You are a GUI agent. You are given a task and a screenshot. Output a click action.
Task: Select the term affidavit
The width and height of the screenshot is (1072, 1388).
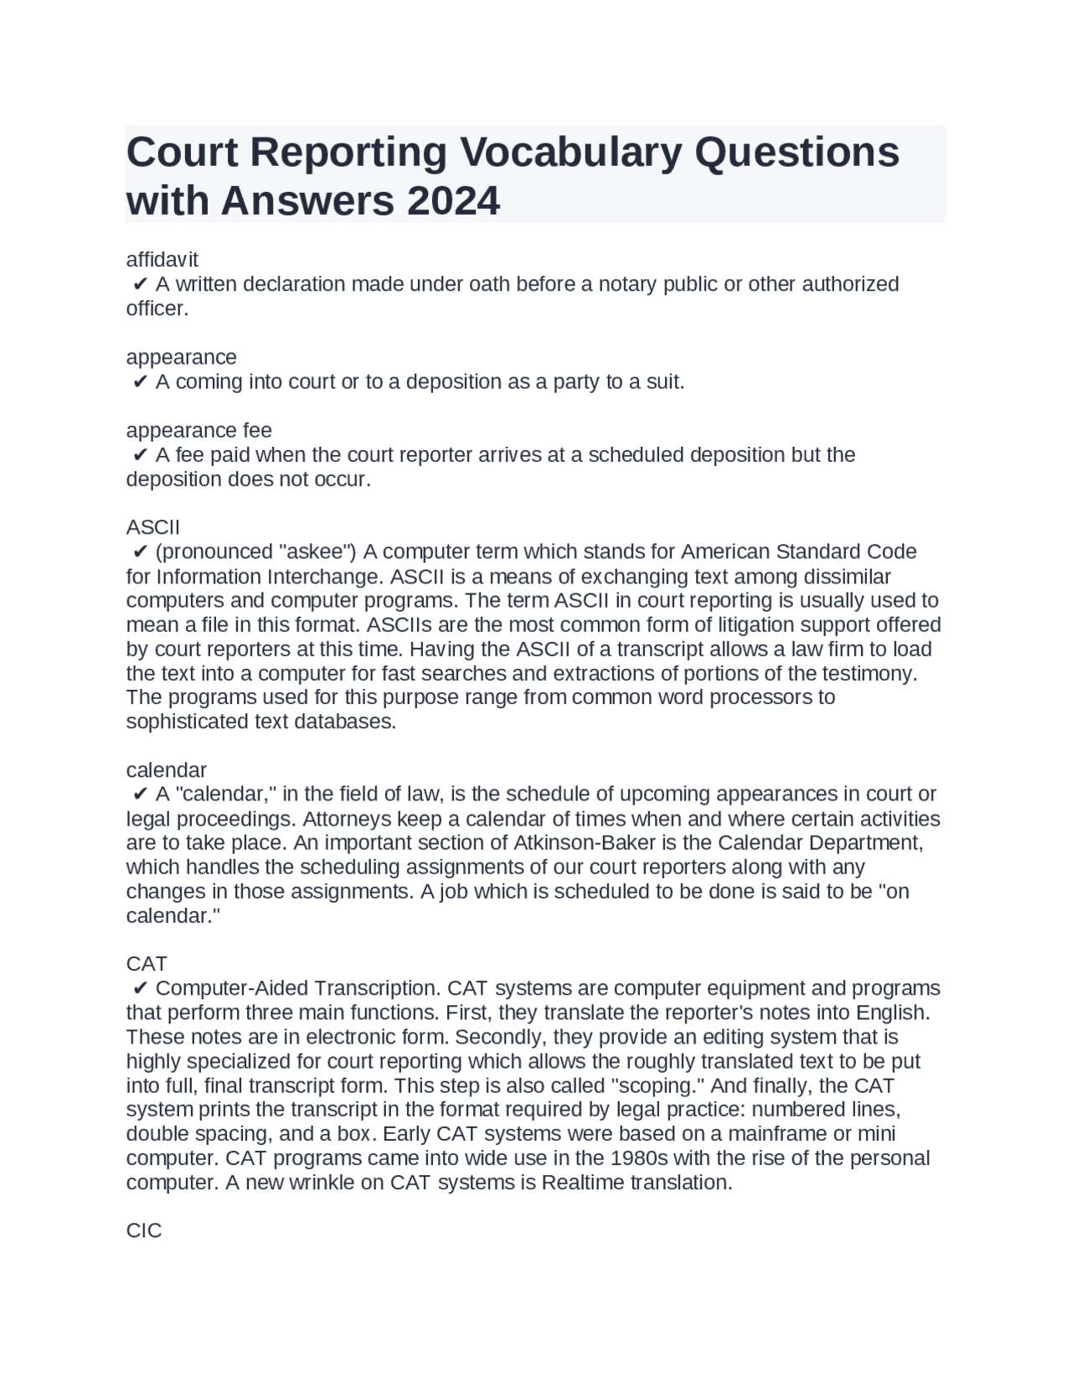[x=162, y=260]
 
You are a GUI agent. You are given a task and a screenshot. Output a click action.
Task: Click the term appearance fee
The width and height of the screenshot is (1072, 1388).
[x=198, y=431]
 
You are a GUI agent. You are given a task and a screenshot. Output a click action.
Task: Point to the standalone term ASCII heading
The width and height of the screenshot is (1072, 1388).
[x=152, y=527]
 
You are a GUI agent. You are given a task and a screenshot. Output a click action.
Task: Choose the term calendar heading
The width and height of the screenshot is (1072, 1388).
[x=166, y=769]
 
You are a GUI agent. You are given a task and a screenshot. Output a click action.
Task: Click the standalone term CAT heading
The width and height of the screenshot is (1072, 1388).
[x=147, y=964]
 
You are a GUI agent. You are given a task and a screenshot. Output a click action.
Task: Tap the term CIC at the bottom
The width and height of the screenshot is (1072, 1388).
[x=144, y=1230]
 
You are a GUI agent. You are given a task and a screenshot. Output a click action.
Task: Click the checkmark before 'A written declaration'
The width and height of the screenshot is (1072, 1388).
[x=140, y=285]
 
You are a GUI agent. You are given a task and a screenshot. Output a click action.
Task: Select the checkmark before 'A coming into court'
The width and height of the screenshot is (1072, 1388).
[x=140, y=382]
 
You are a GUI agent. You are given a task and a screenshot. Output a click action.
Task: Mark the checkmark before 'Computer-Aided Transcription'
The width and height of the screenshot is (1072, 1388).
[x=140, y=989]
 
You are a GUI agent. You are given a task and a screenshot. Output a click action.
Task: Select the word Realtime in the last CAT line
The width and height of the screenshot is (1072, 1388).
[x=583, y=1183]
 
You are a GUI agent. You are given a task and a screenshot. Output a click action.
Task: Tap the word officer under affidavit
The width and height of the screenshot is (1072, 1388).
[x=157, y=308]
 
